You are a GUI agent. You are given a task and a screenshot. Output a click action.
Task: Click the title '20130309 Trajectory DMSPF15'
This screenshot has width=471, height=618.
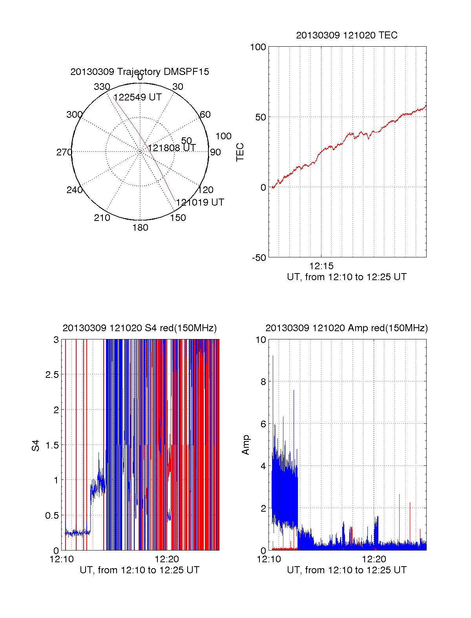pyautogui.click(x=140, y=72)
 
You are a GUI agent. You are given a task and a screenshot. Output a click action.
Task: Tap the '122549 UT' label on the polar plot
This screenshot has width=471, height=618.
pyautogui.click(x=138, y=97)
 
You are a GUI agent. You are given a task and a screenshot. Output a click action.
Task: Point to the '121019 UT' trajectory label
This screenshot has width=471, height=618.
pyautogui.click(x=200, y=202)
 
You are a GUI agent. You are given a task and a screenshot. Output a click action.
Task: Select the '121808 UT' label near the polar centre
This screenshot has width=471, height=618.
pyautogui.click(x=172, y=148)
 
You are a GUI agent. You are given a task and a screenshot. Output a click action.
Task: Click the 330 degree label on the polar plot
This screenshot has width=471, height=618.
pyautogui.click(x=102, y=87)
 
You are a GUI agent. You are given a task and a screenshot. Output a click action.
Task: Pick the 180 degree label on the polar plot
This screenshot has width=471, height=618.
pyautogui.click(x=140, y=228)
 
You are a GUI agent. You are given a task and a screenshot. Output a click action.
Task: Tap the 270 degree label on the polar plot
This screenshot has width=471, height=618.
pyautogui.click(x=64, y=152)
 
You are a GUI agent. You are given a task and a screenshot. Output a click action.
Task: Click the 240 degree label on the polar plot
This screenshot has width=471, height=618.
pyautogui.click(x=74, y=190)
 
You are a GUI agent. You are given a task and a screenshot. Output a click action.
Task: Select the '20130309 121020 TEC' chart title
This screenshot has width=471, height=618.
pyautogui.click(x=347, y=35)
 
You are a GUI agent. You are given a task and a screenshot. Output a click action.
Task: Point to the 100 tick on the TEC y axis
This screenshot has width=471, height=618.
pyautogui.click(x=258, y=47)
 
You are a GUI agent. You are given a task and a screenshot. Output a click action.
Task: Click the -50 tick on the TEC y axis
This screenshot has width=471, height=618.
pyautogui.click(x=259, y=258)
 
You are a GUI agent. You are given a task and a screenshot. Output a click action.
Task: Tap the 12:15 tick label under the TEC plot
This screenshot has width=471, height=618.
pyautogui.click(x=321, y=266)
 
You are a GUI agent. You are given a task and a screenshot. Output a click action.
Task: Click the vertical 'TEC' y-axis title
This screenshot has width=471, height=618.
pyautogui.click(x=240, y=152)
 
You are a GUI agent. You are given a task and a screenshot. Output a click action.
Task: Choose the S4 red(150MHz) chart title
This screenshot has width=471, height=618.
pyautogui.click(x=140, y=328)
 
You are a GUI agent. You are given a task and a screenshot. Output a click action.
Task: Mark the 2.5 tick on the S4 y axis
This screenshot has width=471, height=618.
pyautogui.click(x=52, y=375)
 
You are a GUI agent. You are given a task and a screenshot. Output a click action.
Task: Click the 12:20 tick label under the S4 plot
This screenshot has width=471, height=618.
pyautogui.click(x=167, y=559)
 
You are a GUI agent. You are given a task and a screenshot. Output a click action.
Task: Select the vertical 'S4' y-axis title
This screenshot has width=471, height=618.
pyautogui.click(x=36, y=445)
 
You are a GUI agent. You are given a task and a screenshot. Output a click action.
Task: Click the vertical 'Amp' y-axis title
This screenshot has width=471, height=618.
pyautogui.click(x=246, y=445)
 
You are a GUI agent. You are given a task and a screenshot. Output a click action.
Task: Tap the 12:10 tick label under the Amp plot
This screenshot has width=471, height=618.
pyautogui.click(x=269, y=559)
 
